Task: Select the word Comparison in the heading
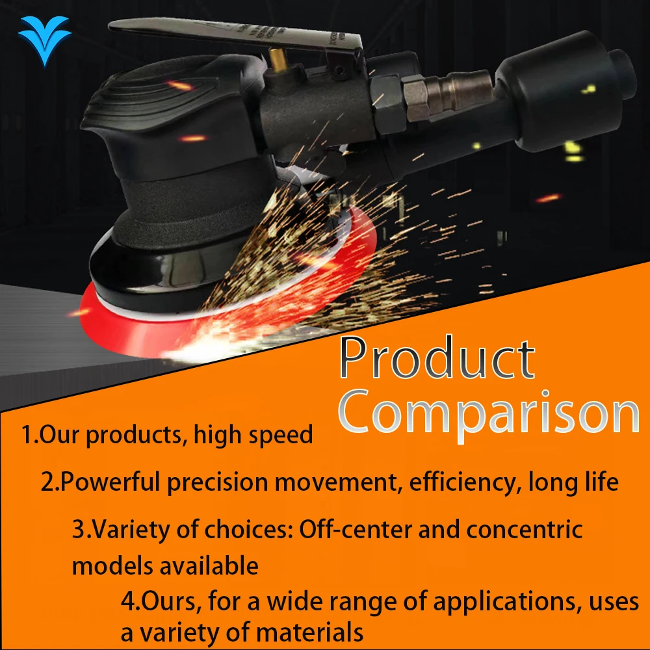click(x=489, y=415)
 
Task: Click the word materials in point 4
click(x=309, y=633)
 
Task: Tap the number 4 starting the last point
click(x=129, y=602)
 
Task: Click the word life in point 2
click(x=602, y=482)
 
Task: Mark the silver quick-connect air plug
click(x=460, y=92)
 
